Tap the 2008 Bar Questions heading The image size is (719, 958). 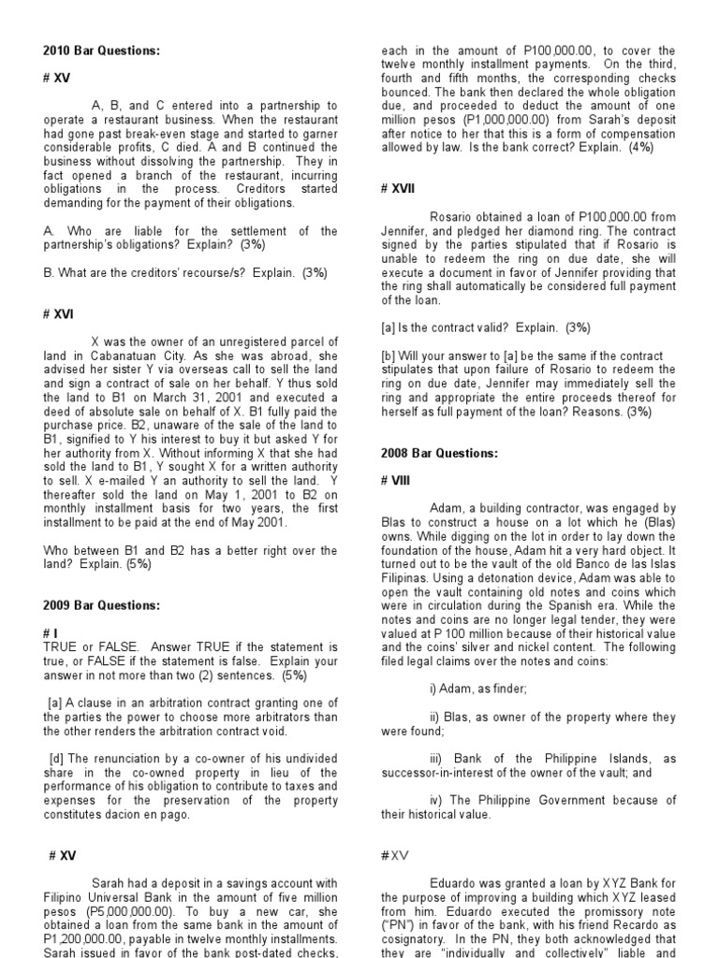pos(439,453)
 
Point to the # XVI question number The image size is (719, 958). pos(59,315)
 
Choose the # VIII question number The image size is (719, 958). pos(397,480)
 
